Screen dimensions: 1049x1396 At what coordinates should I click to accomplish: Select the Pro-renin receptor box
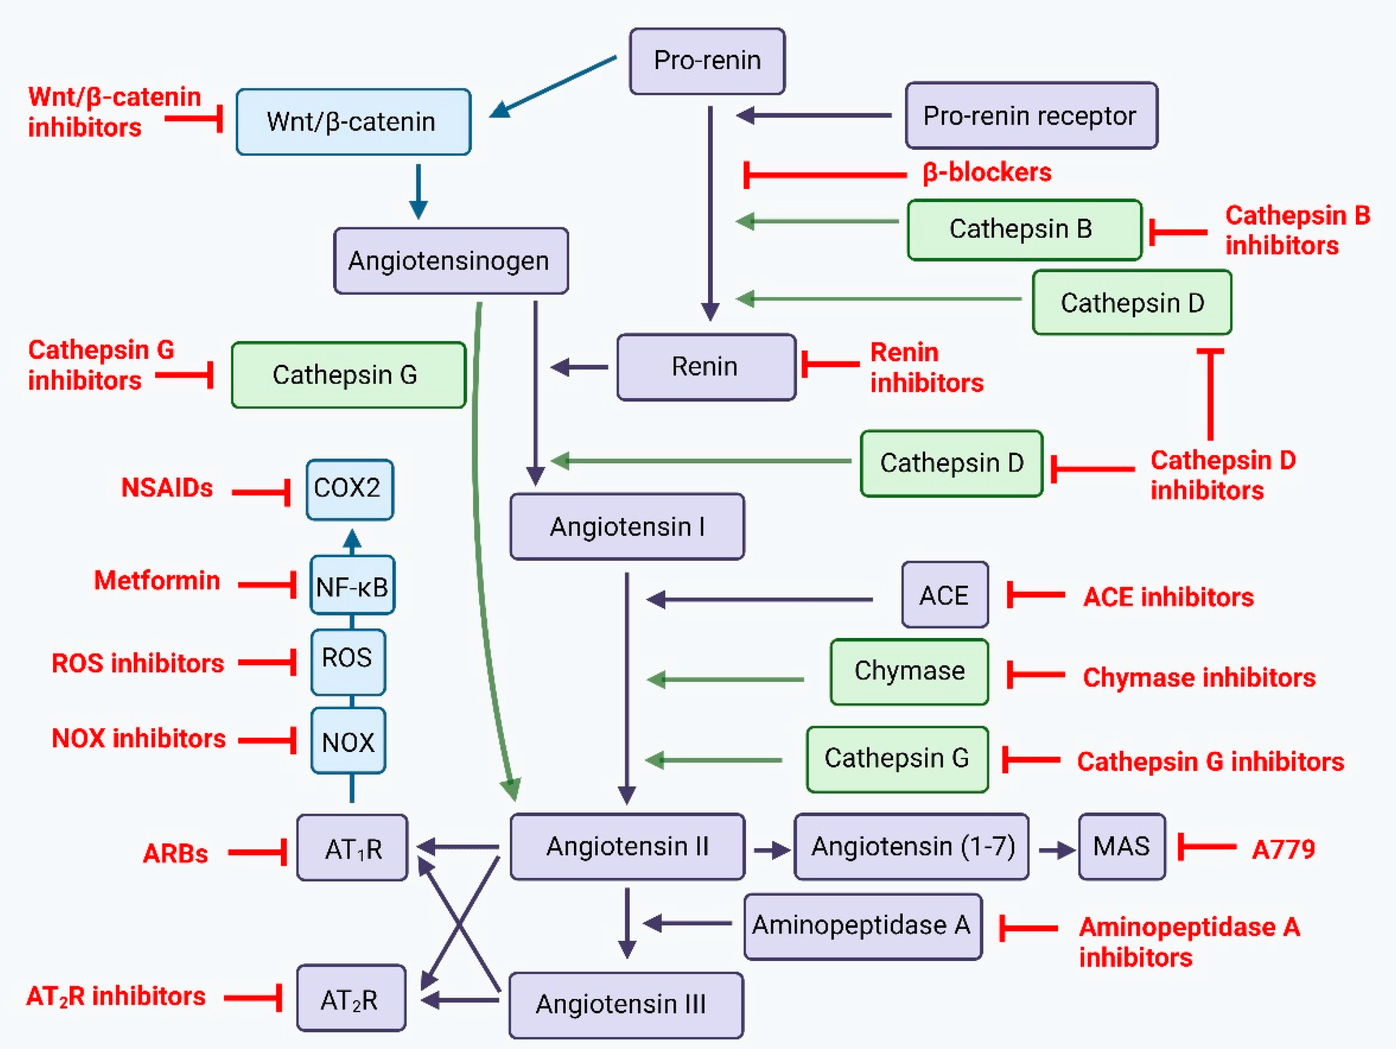click(x=1031, y=115)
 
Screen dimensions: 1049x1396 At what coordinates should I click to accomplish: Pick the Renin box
click(x=705, y=367)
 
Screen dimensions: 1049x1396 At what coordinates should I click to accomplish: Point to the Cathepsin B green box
click(x=1024, y=229)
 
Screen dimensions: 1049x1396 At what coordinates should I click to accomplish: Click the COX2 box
click(x=349, y=489)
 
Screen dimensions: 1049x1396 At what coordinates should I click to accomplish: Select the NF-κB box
click(x=352, y=586)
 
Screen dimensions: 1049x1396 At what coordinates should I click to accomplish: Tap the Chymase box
click(x=909, y=671)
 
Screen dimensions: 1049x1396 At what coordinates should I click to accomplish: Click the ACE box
click(x=944, y=594)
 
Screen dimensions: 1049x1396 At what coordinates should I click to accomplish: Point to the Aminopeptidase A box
click(x=862, y=926)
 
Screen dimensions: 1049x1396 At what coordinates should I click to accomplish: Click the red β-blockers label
click(x=986, y=172)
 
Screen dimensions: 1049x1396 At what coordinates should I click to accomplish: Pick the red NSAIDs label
click(x=167, y=488)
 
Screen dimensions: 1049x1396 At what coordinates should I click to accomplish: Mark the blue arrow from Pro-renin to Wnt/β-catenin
click(x=553, y=87)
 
